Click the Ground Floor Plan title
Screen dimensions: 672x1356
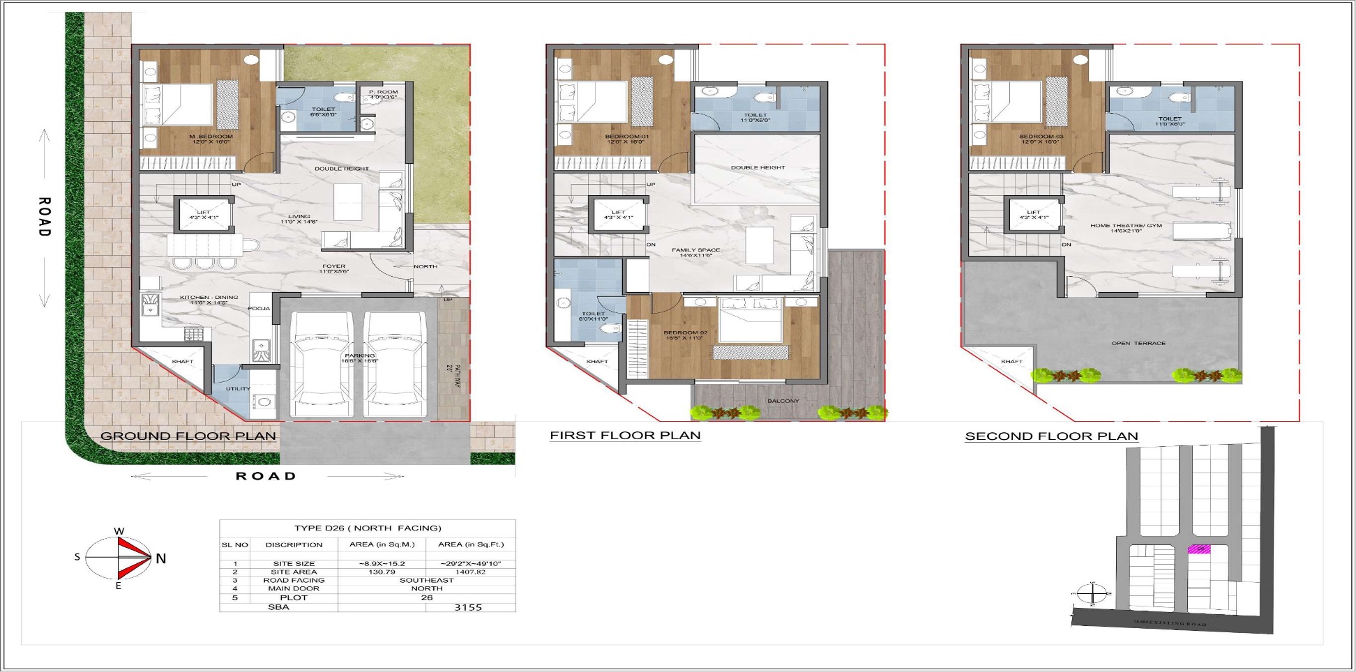[x=188, y=436]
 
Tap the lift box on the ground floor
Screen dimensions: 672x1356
[x=204, y=215]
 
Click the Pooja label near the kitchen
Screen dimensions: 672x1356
[x=259, y=308]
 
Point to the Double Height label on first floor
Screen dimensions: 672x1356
[x=758, y=168]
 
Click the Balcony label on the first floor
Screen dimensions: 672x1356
[x=783, y=401]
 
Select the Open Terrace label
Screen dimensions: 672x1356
[x=1138, y=344]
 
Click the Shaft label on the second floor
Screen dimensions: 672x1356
[x=1011, y=362]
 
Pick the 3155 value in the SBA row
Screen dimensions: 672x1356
[x=468, y=607]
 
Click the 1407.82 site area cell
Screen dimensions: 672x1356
[x=470, y=572]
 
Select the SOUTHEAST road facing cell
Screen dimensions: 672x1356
[x=426, y=580]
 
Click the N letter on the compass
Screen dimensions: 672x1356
[x=161, y=558]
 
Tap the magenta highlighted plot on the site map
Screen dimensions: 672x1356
[x=1199, y=549]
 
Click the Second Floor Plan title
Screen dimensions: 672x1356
[x=1051, y=436]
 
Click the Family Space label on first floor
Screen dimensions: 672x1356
[x=695, y=252]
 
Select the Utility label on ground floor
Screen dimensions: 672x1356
[x=238, y=388]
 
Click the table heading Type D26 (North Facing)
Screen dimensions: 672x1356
[x=368, y=528]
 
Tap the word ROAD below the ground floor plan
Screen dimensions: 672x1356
[x=266, y=476]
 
